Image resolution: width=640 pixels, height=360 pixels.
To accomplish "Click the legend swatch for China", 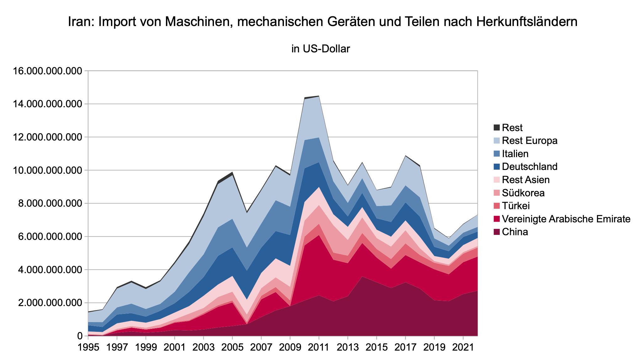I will coord(496,232).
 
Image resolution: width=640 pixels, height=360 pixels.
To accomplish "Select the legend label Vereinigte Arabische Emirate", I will coord(566,219).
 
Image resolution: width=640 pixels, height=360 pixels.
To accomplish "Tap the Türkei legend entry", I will coord(516,206).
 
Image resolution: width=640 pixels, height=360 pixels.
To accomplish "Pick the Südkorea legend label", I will coord(523,193).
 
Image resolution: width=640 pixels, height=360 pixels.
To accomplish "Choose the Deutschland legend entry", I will coord(530,167).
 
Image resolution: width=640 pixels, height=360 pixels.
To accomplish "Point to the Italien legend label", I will coord(515,154).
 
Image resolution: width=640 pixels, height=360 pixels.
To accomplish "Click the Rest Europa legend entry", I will coord(530,140).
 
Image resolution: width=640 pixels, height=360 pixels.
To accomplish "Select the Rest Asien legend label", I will coord(525,180).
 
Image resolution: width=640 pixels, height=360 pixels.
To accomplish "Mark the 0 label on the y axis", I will coord(80,336).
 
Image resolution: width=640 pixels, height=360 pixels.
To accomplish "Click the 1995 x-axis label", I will coord(88,348).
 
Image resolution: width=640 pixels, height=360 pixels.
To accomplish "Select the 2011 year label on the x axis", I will coord(319,348).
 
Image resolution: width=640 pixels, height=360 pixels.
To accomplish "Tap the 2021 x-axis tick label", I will coord(463,348).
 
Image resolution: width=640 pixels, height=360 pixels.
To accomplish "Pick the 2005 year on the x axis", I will coord(232,348).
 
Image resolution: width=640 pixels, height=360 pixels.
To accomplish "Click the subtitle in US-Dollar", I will coord(320,49).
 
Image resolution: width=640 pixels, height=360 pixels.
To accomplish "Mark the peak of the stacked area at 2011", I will coord(319,96).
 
